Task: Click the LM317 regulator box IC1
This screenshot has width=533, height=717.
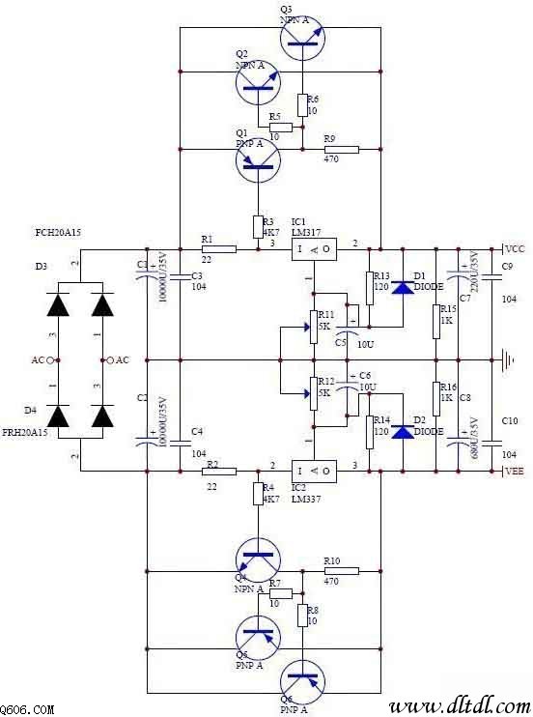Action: coord(315,249)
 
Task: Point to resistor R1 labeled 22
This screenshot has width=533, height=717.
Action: coord(220,249)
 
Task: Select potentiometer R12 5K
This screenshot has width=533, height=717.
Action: coord(312,393)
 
